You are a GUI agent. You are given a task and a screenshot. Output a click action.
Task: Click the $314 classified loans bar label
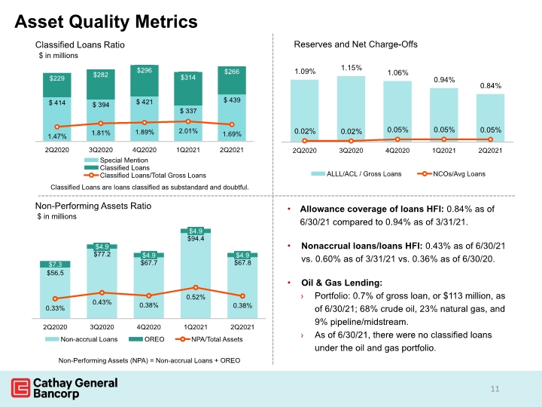click(x=188, y=77)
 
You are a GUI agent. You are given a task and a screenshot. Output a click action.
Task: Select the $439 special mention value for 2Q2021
click(x=232, y=100)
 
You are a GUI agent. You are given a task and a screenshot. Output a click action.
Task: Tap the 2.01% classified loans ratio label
click(x=188, y=131)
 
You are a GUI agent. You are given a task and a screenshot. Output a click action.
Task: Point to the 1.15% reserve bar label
click(x=352, y=68)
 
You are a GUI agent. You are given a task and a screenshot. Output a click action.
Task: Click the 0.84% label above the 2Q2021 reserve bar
click(x=491, y=85)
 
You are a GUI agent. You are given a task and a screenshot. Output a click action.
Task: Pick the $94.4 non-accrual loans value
click(x=196, y=238)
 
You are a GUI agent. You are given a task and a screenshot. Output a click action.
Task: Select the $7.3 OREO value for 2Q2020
click(x=55, y=264)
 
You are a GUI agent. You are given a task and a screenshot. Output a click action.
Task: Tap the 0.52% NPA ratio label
click(x=196, y=297)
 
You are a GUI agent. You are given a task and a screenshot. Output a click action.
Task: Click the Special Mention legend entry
click(x=116, y=161)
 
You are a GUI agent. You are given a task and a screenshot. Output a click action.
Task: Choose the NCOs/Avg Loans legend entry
click(x=452, y=174)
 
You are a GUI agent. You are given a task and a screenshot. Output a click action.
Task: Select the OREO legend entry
click(x=147, y=339)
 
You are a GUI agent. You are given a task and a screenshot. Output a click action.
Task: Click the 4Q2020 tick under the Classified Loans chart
click(x=145, y=150)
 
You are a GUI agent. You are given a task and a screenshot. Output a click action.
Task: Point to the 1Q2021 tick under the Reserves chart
click(x=444, y=151)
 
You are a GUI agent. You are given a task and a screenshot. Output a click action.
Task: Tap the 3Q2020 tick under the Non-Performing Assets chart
click(x=102, y=327)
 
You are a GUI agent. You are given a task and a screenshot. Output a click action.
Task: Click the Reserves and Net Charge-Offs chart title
click(x=355, y=44)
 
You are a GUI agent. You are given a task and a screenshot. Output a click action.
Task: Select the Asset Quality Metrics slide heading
click(x=106, y=21)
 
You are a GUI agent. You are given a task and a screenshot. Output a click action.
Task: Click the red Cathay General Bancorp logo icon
click(x=21, y=388)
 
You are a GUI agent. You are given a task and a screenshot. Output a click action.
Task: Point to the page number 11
click(x=495, y=389)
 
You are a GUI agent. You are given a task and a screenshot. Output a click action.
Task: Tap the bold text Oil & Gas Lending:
click(x=342, y=283)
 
